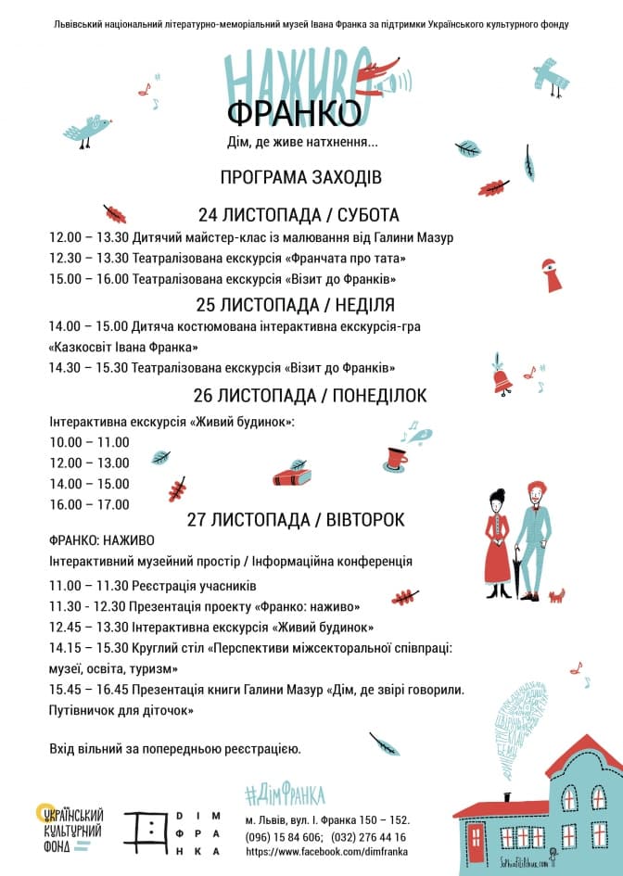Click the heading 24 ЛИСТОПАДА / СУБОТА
299,215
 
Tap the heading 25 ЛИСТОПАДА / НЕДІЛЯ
296,304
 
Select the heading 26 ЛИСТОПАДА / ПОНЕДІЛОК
310,396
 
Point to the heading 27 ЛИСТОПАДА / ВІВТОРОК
296,519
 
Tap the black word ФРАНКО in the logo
294,114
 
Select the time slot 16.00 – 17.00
89,504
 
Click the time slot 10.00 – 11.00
89,442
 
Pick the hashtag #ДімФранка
285,794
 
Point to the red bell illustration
502,380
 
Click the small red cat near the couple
556,595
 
